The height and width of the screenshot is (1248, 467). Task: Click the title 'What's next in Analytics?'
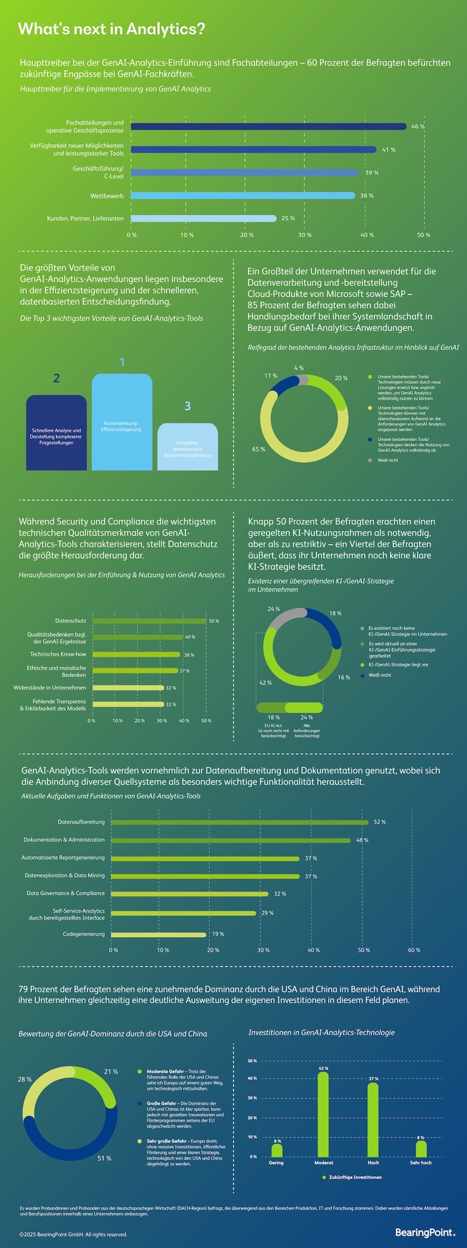pos(111,29)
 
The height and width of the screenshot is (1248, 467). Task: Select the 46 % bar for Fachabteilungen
pos(268,126)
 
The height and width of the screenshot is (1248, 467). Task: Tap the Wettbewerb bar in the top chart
pos(242,195)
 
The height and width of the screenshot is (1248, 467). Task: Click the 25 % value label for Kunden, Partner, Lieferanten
pos(288,218)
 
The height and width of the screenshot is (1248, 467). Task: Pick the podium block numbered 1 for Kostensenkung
pos(122,424)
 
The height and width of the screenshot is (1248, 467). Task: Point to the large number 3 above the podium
pos(187,406)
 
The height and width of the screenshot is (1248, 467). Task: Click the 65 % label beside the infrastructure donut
pos(258,450)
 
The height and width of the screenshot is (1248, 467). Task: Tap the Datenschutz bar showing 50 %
pos(149,620)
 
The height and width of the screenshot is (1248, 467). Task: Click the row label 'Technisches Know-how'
pos(58,655)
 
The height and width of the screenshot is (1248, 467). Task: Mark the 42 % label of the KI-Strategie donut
pos(265,683)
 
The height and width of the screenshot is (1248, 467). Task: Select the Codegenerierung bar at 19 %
pos(159,934)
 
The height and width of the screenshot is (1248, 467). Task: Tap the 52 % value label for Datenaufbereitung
pos(380,822)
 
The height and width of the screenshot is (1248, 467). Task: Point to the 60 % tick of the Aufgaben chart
pos(414,950)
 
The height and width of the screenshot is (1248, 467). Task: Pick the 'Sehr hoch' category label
pos(421,1163)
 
